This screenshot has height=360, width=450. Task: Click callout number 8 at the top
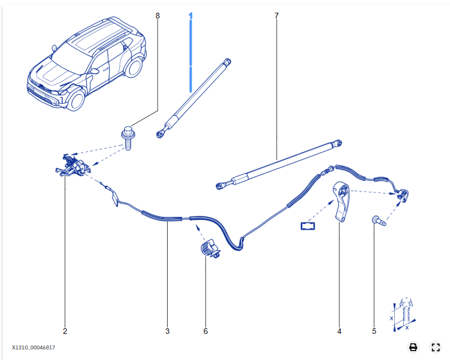(x=158, y=16)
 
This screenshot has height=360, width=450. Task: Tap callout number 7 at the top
(x=276, y=16)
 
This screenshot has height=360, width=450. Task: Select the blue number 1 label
(x=190, y=16)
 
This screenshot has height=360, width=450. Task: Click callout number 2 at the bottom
(x=65, y=331)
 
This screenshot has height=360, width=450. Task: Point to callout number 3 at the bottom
(x=167, y=331)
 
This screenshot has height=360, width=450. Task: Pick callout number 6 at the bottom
(x=206, y=331)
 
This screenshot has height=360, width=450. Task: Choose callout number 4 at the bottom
(x=339, y=331)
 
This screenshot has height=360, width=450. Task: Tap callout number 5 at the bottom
(x=374, y=331)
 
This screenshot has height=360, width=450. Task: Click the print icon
(x=413, y=347)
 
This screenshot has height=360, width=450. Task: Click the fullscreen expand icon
(x=436, y=347)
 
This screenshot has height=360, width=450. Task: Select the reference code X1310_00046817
(x=33, y=347)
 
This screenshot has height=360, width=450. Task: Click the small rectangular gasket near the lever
(x=308, y=226)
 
